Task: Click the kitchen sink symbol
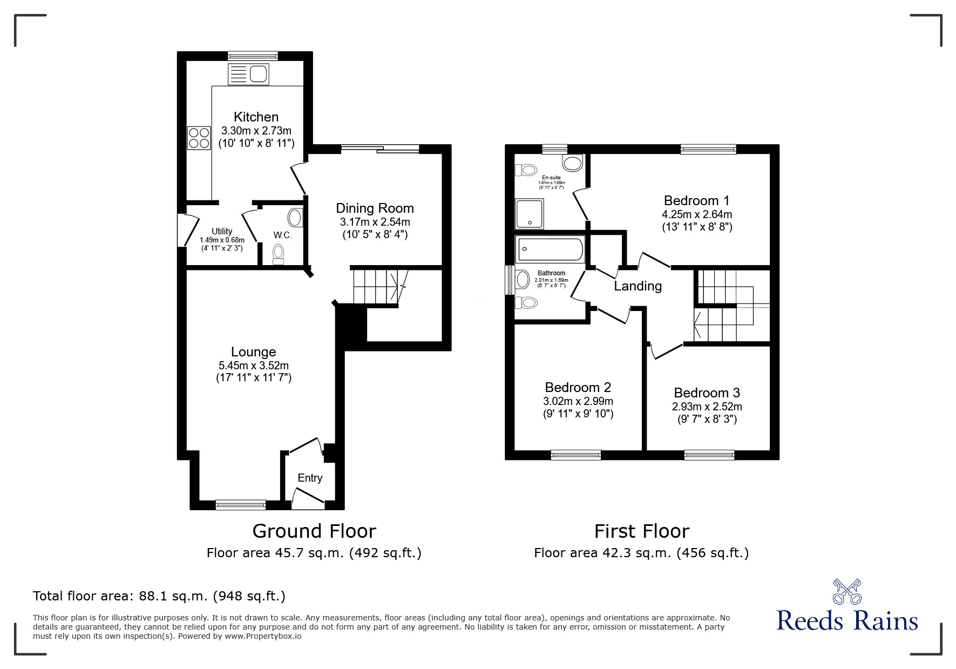point(248,75)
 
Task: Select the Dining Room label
point(375,208)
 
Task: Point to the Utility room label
point(222,232)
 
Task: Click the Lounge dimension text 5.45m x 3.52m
point(253,366)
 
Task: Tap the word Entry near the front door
point(310,478)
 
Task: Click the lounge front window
point(241,505)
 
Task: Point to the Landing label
point(638,286)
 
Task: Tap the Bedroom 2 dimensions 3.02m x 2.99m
point(578,401)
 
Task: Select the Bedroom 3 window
point(709,455)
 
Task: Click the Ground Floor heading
point(314,531)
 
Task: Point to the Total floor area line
point(159,596)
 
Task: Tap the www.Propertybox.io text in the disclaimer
point(263,636)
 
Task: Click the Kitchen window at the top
point(253,55)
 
